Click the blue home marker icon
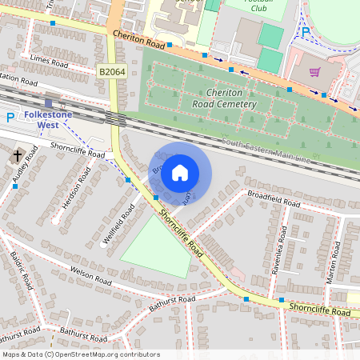click(x=180, y=171)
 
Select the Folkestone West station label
click(x=50, y=120)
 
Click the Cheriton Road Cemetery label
click(x=224, y=98)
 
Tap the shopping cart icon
click(x=314, y=72)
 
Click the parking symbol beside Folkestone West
click(x=10, y=118)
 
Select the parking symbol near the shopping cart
click(x=305, y=32)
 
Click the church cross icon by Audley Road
click(x=17, y=156)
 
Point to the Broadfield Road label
click(x=274, y=197)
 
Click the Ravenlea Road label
click(x=282, y=246)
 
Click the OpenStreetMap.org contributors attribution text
click(x=112, y=354)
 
